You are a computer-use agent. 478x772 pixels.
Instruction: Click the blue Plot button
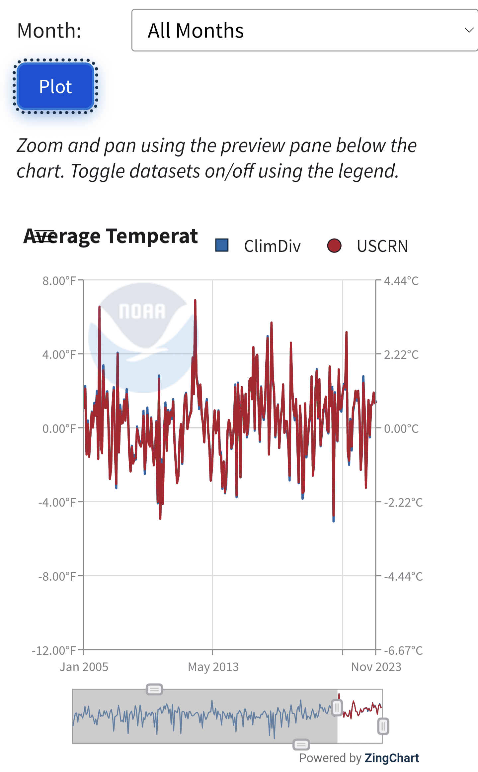55,86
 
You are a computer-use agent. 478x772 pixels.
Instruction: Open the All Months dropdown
304,30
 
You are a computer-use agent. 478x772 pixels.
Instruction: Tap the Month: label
49,31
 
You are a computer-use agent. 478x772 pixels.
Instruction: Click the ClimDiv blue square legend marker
222,245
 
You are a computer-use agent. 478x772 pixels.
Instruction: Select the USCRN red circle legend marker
334,246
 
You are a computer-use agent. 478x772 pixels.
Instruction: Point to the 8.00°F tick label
59,281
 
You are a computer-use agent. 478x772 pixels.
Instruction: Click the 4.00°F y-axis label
59,355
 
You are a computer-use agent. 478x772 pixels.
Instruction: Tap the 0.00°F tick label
59,429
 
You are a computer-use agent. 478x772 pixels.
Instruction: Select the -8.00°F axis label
57,576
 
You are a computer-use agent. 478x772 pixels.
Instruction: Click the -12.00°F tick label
54,650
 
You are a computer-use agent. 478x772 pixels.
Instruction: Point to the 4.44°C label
401,281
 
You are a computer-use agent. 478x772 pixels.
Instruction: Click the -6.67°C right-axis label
403,650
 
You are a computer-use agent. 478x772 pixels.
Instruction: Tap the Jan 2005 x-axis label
84,667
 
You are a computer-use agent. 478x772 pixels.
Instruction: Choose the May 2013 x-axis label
213,667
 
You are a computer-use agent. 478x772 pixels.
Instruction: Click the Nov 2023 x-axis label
376,667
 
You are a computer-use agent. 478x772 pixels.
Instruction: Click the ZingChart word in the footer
392,758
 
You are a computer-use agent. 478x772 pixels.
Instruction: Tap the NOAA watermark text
142,312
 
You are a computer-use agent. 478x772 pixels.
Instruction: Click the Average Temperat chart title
111,236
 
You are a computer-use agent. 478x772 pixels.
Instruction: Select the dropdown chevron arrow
469,30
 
